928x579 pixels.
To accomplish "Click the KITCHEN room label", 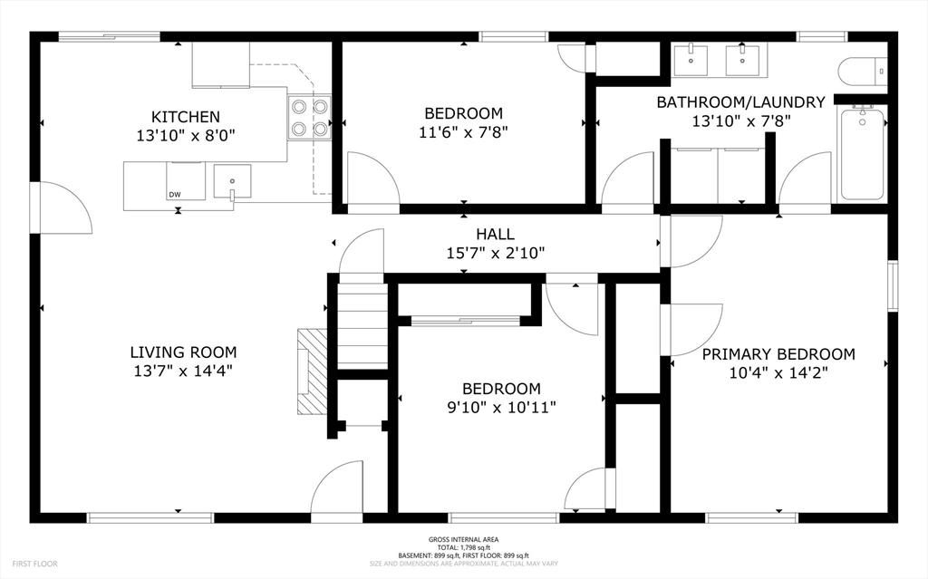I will pos(185,117).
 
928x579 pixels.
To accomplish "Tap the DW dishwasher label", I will pos(174,195).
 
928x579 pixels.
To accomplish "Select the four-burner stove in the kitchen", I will pos(308,118).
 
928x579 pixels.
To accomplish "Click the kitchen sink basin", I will pos(232,179).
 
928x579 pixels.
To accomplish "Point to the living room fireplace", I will pos(313,372).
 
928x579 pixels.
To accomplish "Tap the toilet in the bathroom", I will pos(862,71).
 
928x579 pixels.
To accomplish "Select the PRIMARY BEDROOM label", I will pos(778,354).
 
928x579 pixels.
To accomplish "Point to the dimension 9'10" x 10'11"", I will pos(501,407).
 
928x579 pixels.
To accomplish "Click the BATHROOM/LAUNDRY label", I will pos(740,102).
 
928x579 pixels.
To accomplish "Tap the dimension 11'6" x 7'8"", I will pos(463,131).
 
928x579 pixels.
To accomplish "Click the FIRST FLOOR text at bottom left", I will pos(35,564).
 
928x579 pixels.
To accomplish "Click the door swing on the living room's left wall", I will pos(62,208).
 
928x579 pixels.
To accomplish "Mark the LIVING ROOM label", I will pos(183,352).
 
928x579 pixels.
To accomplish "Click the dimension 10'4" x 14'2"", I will pos(778,372).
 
